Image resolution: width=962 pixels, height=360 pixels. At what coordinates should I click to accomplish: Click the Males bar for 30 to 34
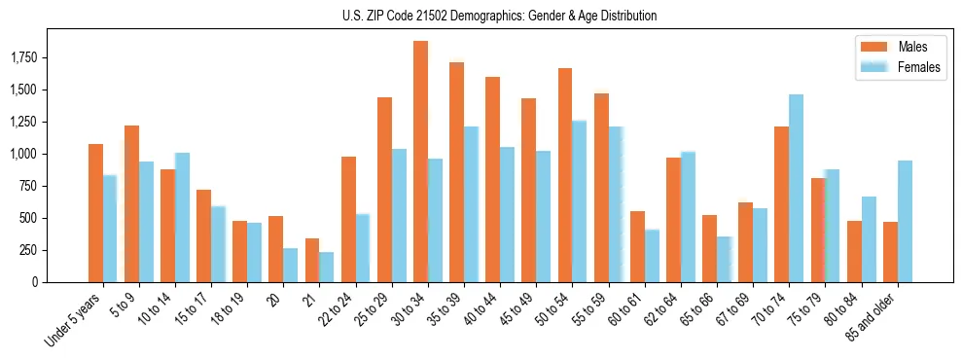pyautogui.click(x=420, y=162)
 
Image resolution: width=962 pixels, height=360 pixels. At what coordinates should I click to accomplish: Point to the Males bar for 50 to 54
pyautogui.click(x=565, y=175)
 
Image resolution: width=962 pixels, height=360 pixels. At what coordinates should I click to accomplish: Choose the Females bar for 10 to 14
pyautogui.click(x=183, y=217)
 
